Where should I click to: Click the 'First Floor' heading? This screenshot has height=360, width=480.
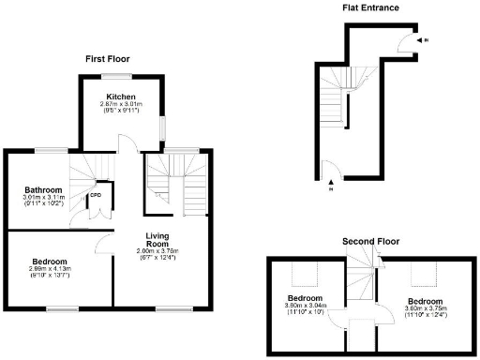(106, 58)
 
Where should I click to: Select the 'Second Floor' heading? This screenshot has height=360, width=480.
(367, 240)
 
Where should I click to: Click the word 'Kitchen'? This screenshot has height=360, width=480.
(121, 97)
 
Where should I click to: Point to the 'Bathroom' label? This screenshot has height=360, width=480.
(43, 188)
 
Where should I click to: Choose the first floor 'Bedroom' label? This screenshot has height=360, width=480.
(49, 261)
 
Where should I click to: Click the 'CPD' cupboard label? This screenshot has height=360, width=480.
(95, 197)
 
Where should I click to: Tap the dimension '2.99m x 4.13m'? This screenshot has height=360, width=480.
(49, 269)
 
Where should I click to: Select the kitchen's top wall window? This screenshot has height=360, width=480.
(117, 75)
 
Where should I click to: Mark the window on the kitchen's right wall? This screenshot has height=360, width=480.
(161, 127)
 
